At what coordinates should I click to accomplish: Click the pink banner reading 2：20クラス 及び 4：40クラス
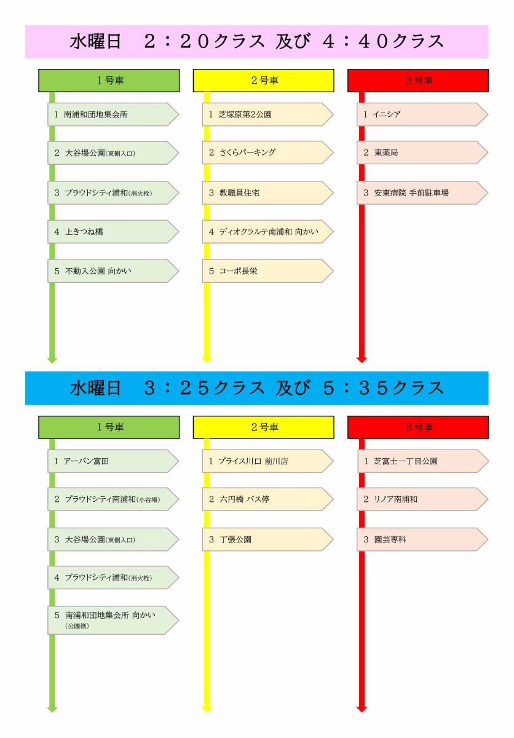[256, 42]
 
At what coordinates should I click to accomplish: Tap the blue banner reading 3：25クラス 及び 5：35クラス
[256, 388]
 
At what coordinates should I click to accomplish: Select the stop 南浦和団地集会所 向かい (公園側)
[113, 620]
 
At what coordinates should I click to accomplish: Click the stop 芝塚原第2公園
[267, 114]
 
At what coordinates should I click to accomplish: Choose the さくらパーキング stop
[267, 153]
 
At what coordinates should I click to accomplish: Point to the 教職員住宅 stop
[267, 192]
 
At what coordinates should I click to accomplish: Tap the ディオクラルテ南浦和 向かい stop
[267, 232]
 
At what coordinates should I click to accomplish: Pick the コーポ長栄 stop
[267, 271]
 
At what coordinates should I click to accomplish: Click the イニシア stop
[422, 114]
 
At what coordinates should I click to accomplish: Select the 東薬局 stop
[422, 153]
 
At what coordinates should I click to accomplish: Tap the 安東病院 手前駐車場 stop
[422, 192]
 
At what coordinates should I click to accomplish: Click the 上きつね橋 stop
[113, 232]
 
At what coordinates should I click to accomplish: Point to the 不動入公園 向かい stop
[113, 271]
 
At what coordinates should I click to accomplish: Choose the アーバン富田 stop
[113, 461]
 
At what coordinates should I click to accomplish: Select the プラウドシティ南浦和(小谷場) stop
[113, 499]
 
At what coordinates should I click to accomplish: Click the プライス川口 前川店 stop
[267, 461]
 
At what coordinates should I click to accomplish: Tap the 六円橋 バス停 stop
[267, 499]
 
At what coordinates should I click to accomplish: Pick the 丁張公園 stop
[267, 539]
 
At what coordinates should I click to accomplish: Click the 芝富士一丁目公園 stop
[422, 461]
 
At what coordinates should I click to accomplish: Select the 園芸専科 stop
[422, 539]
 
